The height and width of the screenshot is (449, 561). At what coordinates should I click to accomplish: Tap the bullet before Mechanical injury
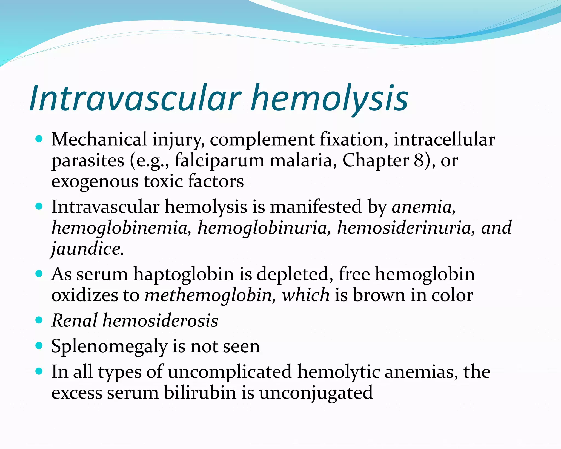point(39,139)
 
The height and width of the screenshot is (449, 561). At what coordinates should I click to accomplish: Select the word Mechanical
point(99,139)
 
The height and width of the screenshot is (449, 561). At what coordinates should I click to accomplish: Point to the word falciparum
point(219,160)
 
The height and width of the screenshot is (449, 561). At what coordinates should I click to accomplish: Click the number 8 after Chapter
point(419,160)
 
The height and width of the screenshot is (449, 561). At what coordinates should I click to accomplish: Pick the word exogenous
point(95,182)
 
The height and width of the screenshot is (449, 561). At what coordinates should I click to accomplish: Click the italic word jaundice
point(87,249)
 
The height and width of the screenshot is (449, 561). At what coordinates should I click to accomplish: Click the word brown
point(379,295)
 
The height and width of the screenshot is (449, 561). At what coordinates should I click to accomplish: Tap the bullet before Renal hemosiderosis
point(39,320)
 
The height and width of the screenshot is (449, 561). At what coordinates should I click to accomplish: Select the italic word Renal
point(74,320)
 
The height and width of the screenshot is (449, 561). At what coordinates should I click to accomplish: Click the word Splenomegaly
point(109,346)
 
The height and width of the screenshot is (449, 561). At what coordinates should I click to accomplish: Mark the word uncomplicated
point(230,372)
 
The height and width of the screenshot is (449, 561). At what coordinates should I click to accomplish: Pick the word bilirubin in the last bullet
point(200,393)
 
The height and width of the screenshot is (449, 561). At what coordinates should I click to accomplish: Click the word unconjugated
point(316,393)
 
